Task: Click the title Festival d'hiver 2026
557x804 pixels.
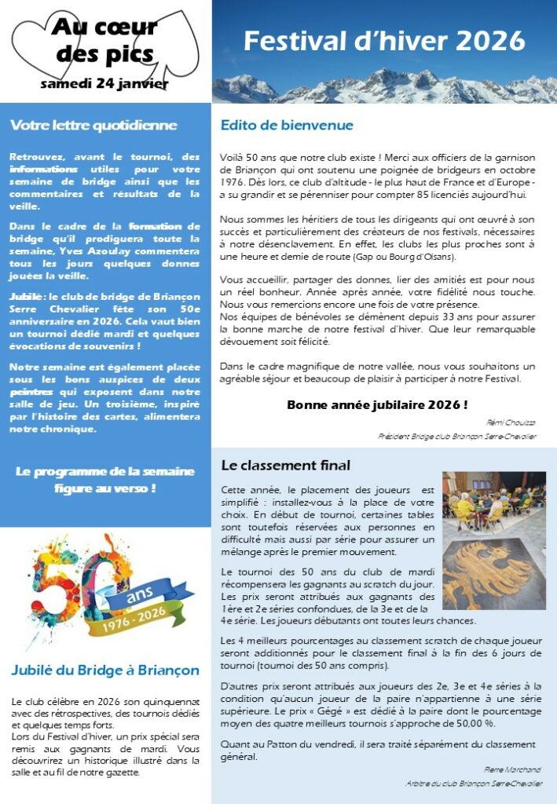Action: click(384, 40)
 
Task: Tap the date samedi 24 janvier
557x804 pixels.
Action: click(104, 82)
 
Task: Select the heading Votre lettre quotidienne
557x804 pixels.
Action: click(93, 125)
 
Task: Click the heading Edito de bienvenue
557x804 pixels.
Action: click(287, 125)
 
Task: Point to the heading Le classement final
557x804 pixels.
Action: click(286, 466)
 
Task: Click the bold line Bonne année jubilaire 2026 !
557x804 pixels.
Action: click(377, 405)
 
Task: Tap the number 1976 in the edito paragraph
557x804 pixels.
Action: click(233, 181)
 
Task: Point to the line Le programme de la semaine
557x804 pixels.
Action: click(104, 471)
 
